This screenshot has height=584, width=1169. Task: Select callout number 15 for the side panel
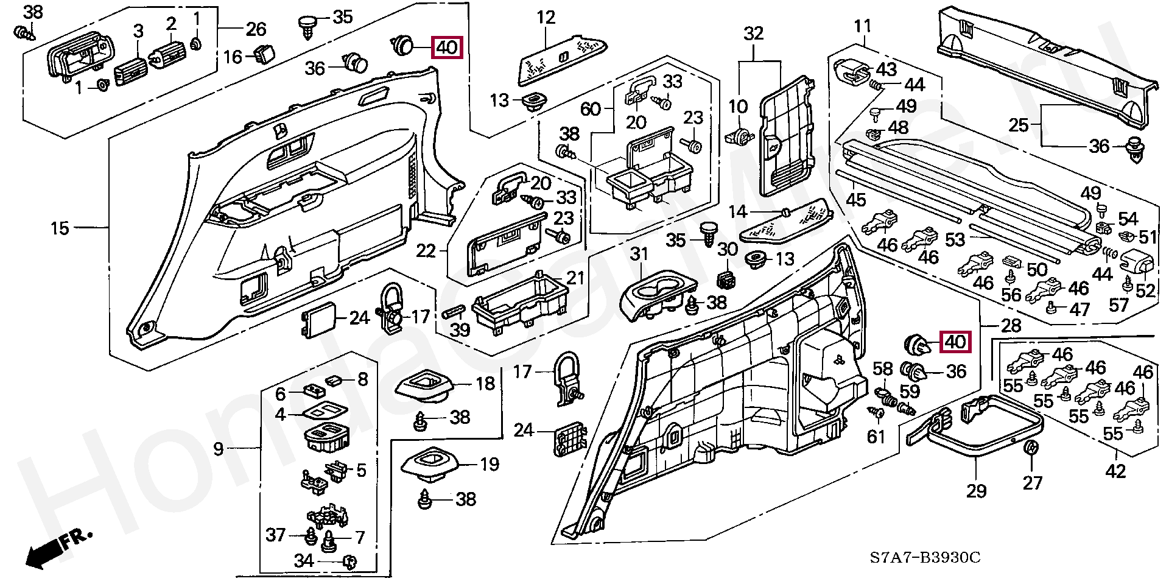tap(60, 228)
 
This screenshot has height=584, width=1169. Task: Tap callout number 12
tap(546, 18)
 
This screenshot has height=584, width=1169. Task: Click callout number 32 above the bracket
tap(753, 33)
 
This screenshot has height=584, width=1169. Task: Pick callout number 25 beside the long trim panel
tap(1018, 125)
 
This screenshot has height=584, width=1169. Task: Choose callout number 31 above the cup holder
tap(639, 254)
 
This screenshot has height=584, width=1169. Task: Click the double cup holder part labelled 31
tap(655, 295)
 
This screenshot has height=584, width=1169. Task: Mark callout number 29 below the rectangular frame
tap(976, 491)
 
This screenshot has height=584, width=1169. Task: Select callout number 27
tap(1033, 483)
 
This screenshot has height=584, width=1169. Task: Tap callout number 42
tap(1115, 471)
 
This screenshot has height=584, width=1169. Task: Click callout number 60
tap(590, 109)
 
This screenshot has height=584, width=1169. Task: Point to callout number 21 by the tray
tap(575, 278)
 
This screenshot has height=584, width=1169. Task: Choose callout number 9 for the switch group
tap(219, 449)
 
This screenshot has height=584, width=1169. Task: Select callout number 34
tap(303, 560)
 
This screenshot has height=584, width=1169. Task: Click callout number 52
tap(1145, 290)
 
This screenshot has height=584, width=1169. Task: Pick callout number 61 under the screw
tap(876, 436)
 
